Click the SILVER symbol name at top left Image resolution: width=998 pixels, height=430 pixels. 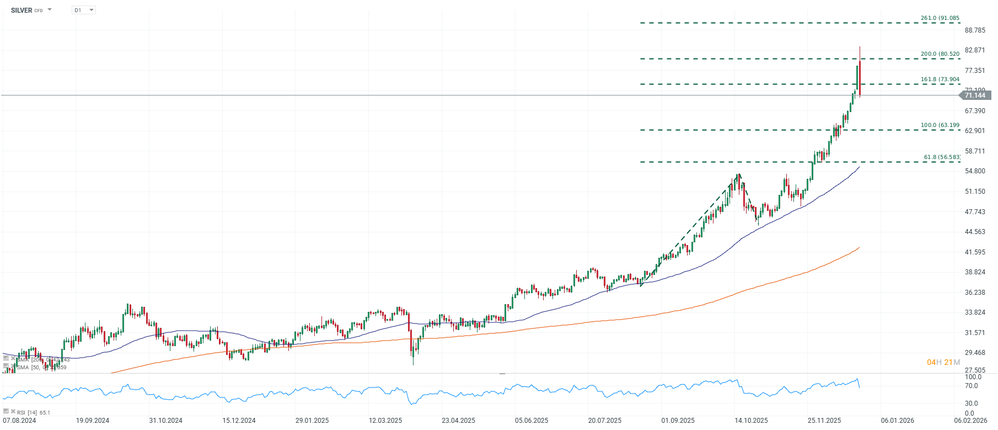(x=22, y=10)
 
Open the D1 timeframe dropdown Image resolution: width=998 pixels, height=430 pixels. (x=84, y=10)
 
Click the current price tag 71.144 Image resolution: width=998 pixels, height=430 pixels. (x=975, y=95)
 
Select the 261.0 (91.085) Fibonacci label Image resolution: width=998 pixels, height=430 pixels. (x=940, y=18)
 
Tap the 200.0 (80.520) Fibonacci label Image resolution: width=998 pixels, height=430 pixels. (x=940, y=54)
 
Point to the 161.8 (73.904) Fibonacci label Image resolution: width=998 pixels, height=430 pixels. (x=940, y=79)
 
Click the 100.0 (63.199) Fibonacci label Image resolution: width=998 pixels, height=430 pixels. (x=940, y=125)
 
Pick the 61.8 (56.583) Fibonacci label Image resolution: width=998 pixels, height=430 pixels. (x=941, y=157)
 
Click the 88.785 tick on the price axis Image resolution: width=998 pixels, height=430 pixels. (x=975, y=30)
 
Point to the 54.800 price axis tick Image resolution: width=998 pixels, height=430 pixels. (x=975, y=171)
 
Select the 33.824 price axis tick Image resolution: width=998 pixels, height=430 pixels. (x=975, y=312)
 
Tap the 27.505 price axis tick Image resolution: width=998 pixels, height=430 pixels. (x=975, y=370)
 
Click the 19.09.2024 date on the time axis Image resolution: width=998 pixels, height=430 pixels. (x=93, y=421)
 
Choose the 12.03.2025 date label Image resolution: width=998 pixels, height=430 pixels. (x=385, y=421)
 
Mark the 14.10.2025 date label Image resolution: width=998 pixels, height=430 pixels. (x=751, y=421)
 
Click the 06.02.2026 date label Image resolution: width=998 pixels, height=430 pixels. (x=970, y=421)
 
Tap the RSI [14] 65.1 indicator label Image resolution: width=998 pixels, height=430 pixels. (x=33, y=412)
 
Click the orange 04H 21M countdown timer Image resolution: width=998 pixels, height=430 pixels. (x=943, y=363)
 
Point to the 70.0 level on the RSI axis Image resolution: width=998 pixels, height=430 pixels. (x=972, y=386)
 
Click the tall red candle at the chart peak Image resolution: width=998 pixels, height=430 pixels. (x=860, y=77)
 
